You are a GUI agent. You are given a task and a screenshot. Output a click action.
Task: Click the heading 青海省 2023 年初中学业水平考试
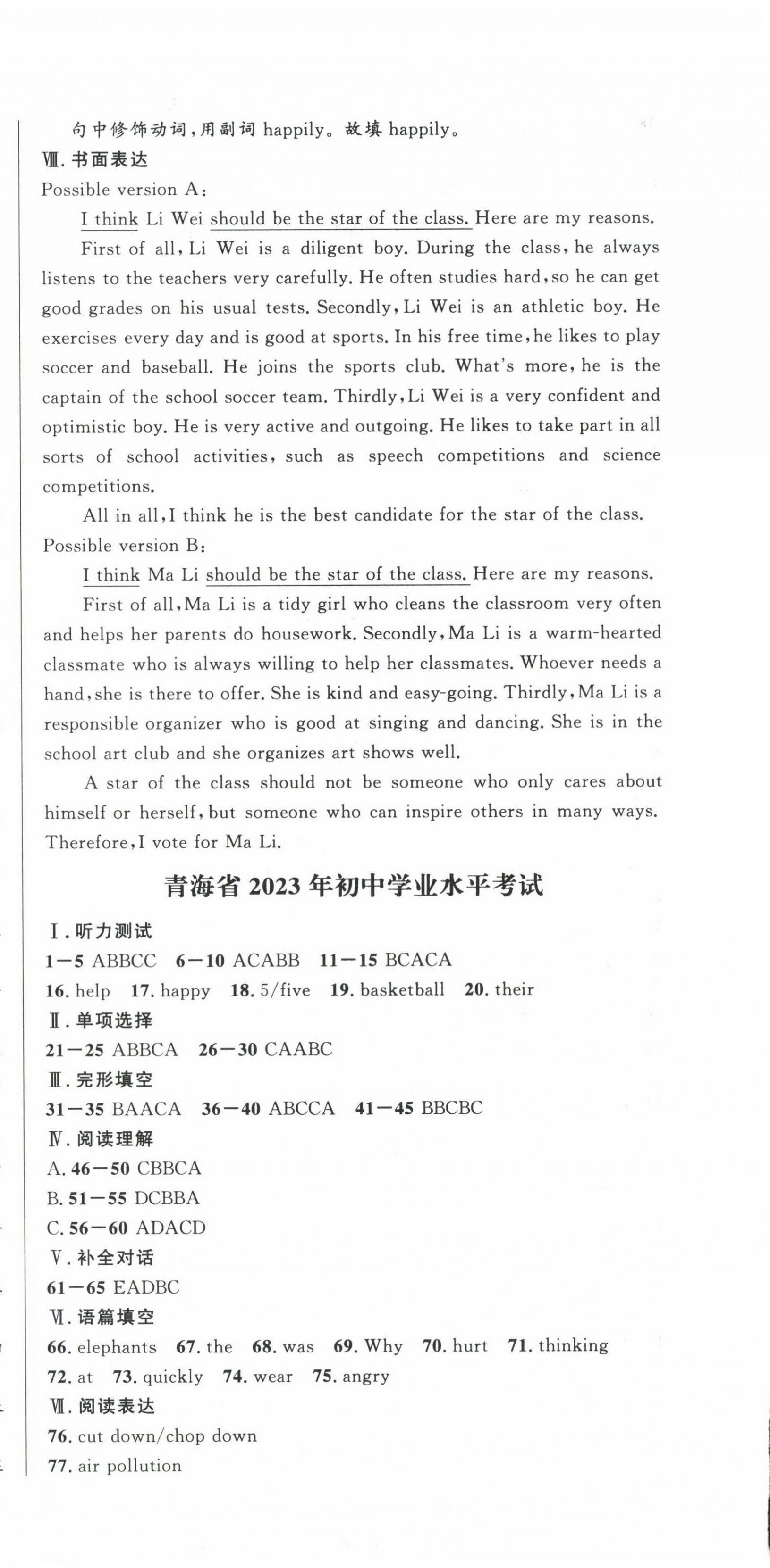pyautogui.click(x=353, y=886)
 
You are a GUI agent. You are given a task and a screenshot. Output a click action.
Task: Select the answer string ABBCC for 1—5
pyautogui.click(x=124, y=961)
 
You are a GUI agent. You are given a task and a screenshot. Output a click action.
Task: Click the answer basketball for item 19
pyautogui.click(x=402, y=990)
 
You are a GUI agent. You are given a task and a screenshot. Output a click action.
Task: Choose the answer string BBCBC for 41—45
pyautogui.click(x=451, y=1108)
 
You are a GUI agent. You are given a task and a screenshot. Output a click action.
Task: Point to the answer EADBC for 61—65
pyautogui.click(x=146, y=1287)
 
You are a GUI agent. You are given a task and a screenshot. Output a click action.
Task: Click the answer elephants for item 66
pyautogui.click(x=116, y=1346)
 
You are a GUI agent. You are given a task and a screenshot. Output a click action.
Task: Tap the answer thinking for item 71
pyautogui.click(x=573, y=1345)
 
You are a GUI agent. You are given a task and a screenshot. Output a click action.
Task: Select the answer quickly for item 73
pyautogui.click(x=172, y=1376)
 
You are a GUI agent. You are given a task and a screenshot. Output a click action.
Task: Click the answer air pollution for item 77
pyautogui.click(x=130, y=1466)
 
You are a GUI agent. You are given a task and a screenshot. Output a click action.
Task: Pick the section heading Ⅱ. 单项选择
pyautogui.click(x=100, y=1020)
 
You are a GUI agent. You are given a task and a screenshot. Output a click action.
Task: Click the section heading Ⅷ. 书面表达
pyautogui.click(x=95, y=160)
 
